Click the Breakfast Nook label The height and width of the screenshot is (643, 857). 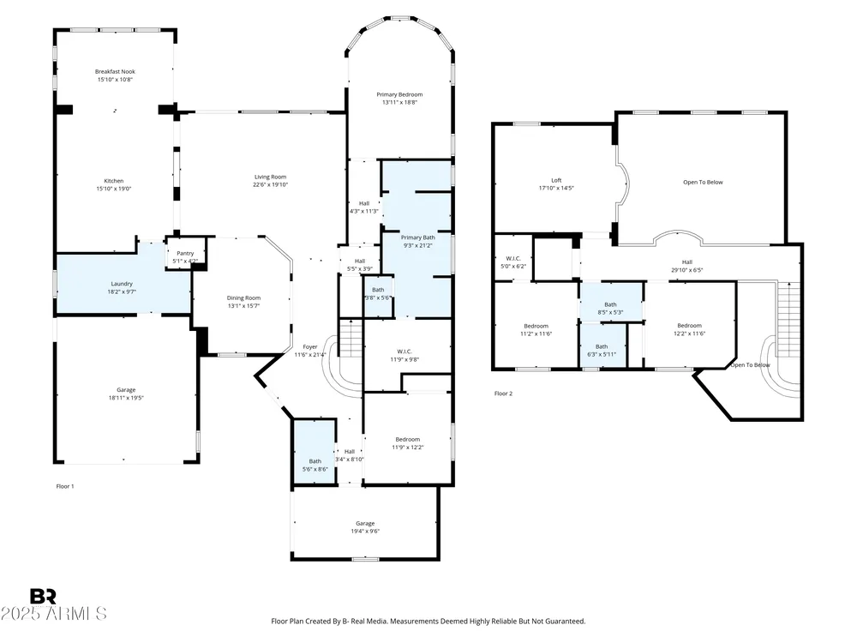coord(115,72)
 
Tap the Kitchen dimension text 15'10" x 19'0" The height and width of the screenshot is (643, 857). coord(114,189)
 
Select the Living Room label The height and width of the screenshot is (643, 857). coord(270,177)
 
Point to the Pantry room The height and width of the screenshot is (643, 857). coord(185,253)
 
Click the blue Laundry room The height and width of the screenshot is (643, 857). coord(123,284)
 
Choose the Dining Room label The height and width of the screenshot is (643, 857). coord(243,298)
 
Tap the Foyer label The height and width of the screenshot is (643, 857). coord(310,346)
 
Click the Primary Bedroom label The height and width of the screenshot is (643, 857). coord(399,94)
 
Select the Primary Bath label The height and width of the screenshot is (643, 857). coord(418,237)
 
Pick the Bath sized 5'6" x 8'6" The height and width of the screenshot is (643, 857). coord(315,452)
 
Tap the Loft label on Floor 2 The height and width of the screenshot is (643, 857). coord(556,180)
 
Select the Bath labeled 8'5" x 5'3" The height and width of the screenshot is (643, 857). coord(610,303)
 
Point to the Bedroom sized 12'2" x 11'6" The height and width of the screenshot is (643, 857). coord(689,325)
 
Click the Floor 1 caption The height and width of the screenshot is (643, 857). coord(65,486)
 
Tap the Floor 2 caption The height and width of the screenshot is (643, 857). coord(503,394)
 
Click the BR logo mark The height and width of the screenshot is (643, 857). coord(43,596)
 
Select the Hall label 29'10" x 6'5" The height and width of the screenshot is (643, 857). coord(687,267)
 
